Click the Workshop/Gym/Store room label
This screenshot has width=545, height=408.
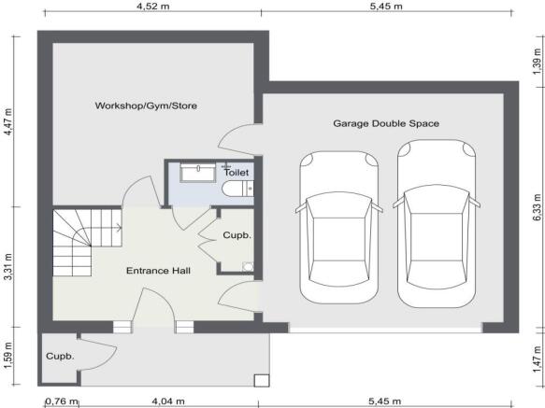(x=146, y=106)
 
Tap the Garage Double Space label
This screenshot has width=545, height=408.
(x=386, y=123)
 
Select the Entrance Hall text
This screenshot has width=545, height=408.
(x=159, y=271)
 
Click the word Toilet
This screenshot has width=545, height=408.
(x=237, y=174)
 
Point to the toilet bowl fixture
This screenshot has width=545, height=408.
(x=236, y=190)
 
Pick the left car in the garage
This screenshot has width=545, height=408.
(x=337, y=224)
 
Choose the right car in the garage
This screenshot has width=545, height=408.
(x=436, y=224)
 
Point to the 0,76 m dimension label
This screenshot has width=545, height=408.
(x=61, y=401)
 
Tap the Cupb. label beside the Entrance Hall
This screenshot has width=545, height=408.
(x=237, y=235)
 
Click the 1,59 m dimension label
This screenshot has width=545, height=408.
(x=7, y=359)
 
